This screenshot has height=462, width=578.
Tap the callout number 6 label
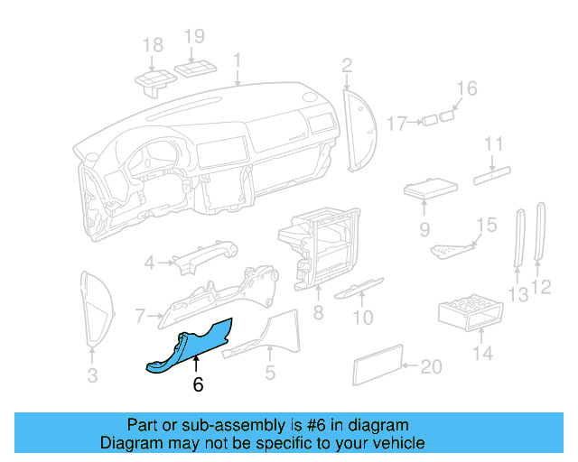[198, 384]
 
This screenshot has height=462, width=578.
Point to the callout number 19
[195, 37]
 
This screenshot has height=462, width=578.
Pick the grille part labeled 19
[196, 70]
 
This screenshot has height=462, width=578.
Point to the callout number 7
[140, 316]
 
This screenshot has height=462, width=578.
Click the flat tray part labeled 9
[429, 190]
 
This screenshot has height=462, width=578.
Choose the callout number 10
[362, 317]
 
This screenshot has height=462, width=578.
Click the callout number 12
[542, 288]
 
